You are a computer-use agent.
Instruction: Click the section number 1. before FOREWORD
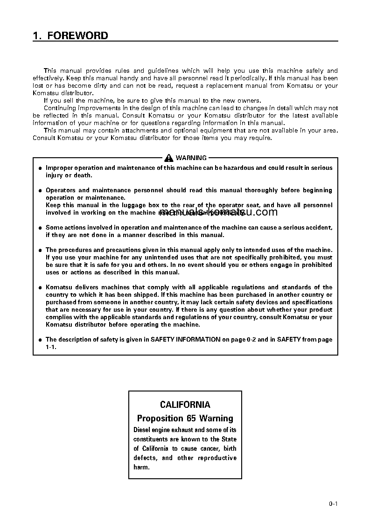[x=37, y=36]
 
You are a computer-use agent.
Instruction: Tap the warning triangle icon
[x=168, y=158]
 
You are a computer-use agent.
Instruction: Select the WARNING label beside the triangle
[x=191, y=158]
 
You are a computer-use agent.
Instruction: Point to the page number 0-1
[x=333, y=503]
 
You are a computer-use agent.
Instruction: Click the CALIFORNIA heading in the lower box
[x=185, y=405]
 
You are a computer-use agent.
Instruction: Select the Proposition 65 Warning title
[x=185, y=418]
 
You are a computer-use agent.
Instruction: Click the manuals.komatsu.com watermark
[x=218, y=212]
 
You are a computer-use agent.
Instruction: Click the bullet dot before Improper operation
[x=40, y=168]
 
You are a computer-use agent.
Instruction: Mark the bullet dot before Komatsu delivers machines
[x=40, y=287]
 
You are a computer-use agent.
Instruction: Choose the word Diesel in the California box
[x=143, y=430]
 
